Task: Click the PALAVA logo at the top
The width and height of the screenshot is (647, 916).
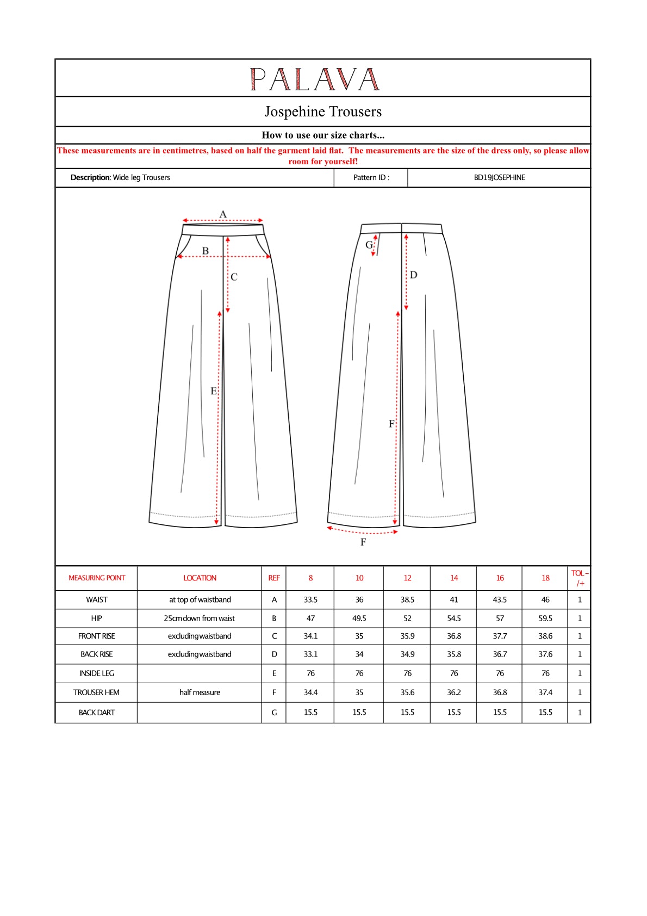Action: [314, 79]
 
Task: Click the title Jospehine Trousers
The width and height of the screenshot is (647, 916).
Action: [323, 112]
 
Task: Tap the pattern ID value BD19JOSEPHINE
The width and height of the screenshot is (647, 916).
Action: [499, 177]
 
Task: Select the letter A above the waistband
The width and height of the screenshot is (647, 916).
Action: [223, 214]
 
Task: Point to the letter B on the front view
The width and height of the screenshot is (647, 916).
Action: [206, 251]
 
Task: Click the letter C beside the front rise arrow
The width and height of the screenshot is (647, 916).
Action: [234, 277]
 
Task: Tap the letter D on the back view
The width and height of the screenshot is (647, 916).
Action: [414, 275]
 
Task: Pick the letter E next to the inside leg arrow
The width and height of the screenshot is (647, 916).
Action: [214, 391]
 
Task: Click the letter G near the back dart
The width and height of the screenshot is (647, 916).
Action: [369, 245]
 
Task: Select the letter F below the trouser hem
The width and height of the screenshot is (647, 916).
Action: [363, 542]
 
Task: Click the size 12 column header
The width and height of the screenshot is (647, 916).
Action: [407, 578]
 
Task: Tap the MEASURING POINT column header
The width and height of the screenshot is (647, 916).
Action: [97, 578]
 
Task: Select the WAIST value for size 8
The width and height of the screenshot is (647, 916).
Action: [310, 599]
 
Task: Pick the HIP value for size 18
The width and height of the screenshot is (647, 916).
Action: [545, 618]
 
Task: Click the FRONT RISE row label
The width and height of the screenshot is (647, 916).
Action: [97, 636]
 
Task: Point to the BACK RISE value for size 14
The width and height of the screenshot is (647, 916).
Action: [454, 654]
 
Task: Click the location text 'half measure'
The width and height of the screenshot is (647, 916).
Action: [200, 692]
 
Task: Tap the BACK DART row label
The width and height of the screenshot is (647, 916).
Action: [97, 713]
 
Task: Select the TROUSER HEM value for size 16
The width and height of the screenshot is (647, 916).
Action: [500, 692]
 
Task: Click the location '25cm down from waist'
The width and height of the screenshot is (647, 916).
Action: [200, 618]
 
